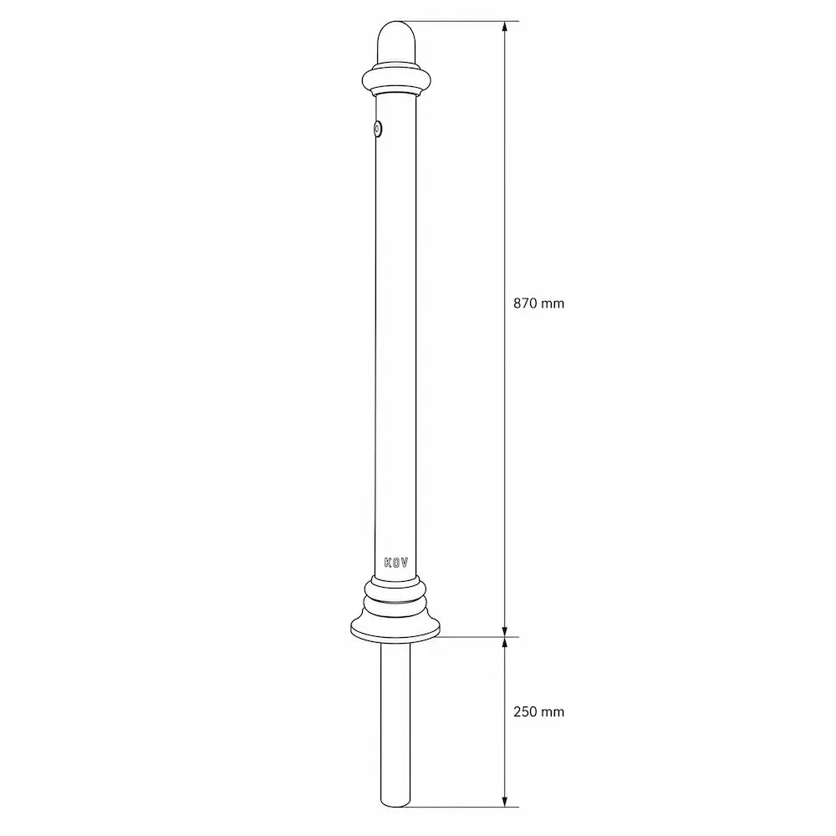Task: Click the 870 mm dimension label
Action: pyautogui.click(x=538, y=303)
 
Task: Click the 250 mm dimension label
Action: pyautogui.click(x=538, y=711)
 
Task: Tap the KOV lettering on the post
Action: pyautogui.click(x=396, y=563)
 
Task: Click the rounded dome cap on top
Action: pyautogui.click(x=396, y=42)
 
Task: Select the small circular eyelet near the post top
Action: pyautogui.click(x=378, y=129)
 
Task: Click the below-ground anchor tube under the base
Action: pyautogui.click(x=396, y=726)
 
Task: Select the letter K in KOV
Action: pyautogui.click(x=388, y=563)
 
